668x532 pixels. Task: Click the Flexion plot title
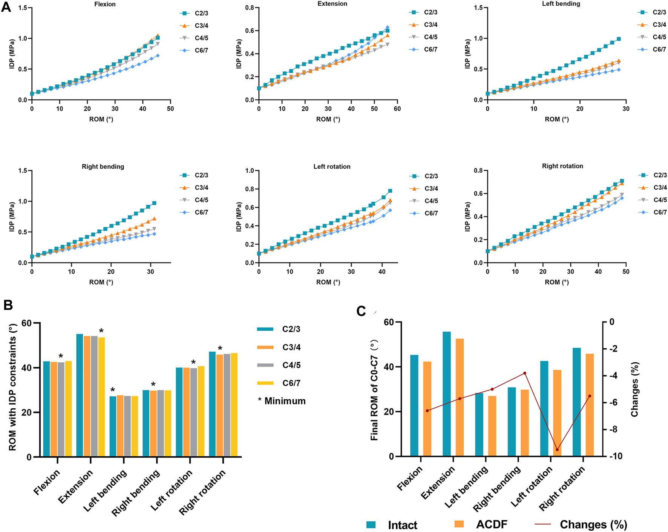(105, 4)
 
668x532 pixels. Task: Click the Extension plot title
(332, 4)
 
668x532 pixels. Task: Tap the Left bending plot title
(561, 4)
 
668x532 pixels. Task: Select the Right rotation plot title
(562, 166)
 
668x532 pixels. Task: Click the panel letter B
(8, 305)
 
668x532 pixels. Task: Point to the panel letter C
(361, 311)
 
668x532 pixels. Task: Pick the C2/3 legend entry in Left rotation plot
(424, 176)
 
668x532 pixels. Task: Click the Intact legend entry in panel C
(392, 525)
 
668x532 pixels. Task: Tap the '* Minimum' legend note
(282, 401)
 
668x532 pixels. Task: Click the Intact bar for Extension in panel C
(446, 394)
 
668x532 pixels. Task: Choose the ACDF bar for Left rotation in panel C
(557, 413)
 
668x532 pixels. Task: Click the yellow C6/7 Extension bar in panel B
(101, 397)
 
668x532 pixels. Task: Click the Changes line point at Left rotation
(557, 449)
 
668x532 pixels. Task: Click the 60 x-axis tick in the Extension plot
(397, 109)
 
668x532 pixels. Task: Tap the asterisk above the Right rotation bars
(220, 348)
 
